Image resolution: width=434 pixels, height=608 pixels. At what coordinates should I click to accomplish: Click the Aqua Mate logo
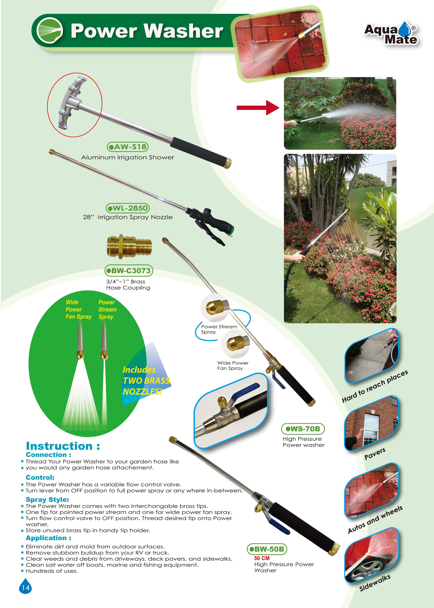(391, 33)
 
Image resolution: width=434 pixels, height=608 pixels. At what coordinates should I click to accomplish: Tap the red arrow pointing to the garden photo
(258, 107)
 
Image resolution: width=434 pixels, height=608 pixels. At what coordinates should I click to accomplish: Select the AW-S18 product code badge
(128, 147)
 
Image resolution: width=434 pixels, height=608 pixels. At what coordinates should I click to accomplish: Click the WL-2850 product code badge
(128, 208)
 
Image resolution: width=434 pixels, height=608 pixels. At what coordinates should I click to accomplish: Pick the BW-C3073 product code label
(129, 270)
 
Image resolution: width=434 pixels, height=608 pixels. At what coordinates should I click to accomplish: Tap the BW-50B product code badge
(267, 549)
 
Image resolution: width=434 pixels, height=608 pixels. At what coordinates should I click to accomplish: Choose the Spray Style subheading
(47, 499)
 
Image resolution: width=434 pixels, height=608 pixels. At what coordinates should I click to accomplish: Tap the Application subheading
(48, 538)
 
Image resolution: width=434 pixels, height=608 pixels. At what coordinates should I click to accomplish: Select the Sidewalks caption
(375, 583)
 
